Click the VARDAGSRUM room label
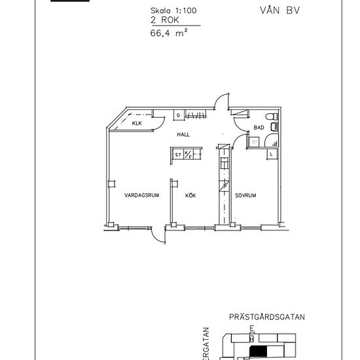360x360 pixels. [x=138, y=195]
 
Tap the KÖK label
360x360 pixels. [x=191, y=195]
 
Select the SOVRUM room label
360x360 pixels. [x=245, y=195]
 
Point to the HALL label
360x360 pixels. [x=183, y=134]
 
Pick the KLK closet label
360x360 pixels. [x=137, y=123]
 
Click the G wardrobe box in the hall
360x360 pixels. [x=177, y=116]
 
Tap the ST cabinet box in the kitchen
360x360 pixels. [x=177, y=155]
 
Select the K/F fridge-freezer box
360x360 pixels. [x=187, y=155]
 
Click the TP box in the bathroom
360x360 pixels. [x=254, y=141]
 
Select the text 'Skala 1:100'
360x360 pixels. [x=172, y=10]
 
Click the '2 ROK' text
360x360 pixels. [x=163, y=20]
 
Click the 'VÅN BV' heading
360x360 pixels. [x=272, y=10]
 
